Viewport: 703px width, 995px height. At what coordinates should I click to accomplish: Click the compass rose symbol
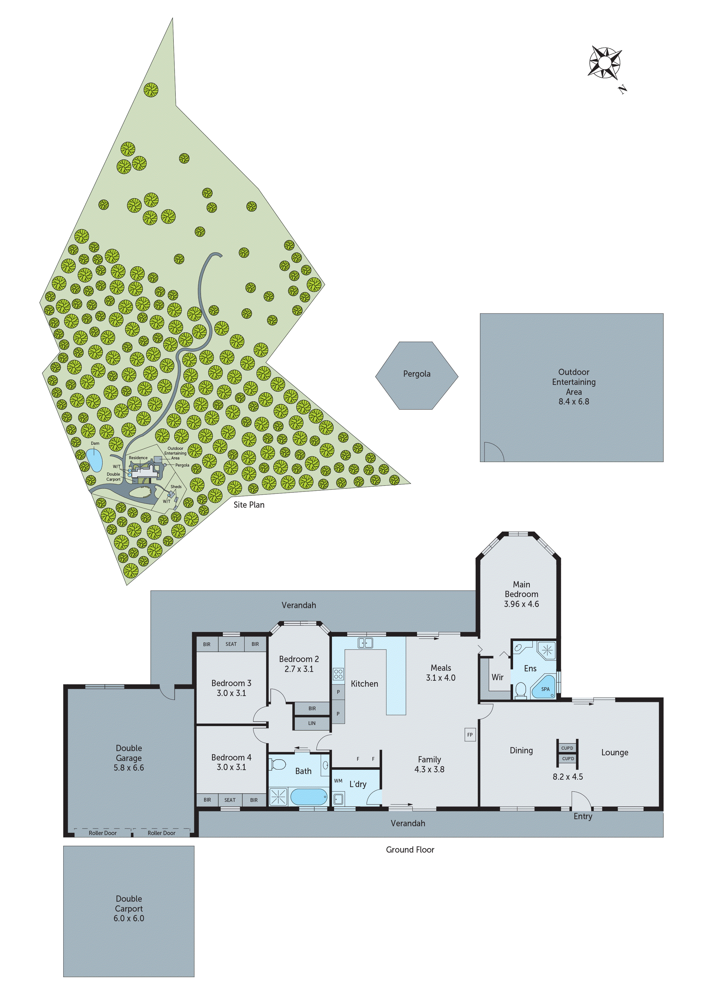point(605,63)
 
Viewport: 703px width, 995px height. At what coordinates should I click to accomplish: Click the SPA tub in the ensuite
point(545,689)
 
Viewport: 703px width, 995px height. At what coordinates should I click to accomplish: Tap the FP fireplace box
point(470,735)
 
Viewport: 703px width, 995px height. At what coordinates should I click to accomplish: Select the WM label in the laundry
point(338,781)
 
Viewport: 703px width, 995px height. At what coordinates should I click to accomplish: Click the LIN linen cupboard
point(312,723)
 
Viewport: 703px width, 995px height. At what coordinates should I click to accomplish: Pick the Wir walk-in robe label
point(497,677)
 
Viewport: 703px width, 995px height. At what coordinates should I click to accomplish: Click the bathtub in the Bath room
point(308,796)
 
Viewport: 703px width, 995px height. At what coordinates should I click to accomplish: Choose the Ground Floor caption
point(410,850)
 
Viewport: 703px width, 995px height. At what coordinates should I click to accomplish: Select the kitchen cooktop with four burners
point(338,674)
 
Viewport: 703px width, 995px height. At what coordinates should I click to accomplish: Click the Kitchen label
point(364,684)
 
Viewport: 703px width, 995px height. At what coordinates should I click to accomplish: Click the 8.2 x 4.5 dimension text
point(568,777)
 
